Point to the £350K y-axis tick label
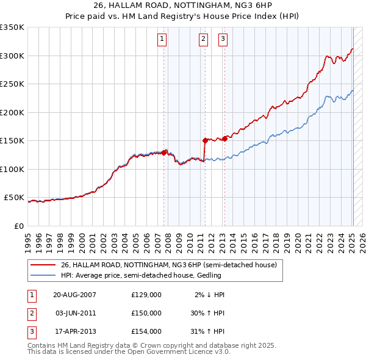(12, 27)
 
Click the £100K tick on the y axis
(12, 169)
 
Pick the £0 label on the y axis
(19, 226)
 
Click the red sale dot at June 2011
(205, 140)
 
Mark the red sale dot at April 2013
(225, 139)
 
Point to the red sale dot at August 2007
(165, 153)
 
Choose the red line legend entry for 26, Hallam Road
(168, 265)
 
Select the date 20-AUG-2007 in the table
(75, 294)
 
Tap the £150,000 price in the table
(146, 312)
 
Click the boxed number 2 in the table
(30, 312)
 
